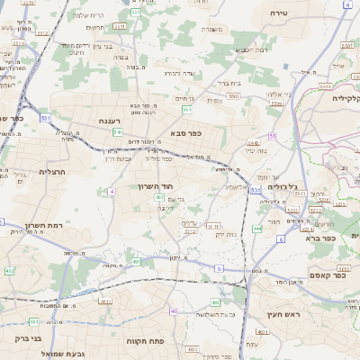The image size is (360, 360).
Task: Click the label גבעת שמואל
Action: click(x=89, y=354)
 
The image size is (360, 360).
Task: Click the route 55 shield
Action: click(x=271, y=136)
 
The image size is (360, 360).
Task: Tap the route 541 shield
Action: click(x=118, y=132)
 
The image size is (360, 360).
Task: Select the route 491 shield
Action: click(x=137, y=262)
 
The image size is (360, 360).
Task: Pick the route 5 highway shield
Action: click(x=219, y=267)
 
